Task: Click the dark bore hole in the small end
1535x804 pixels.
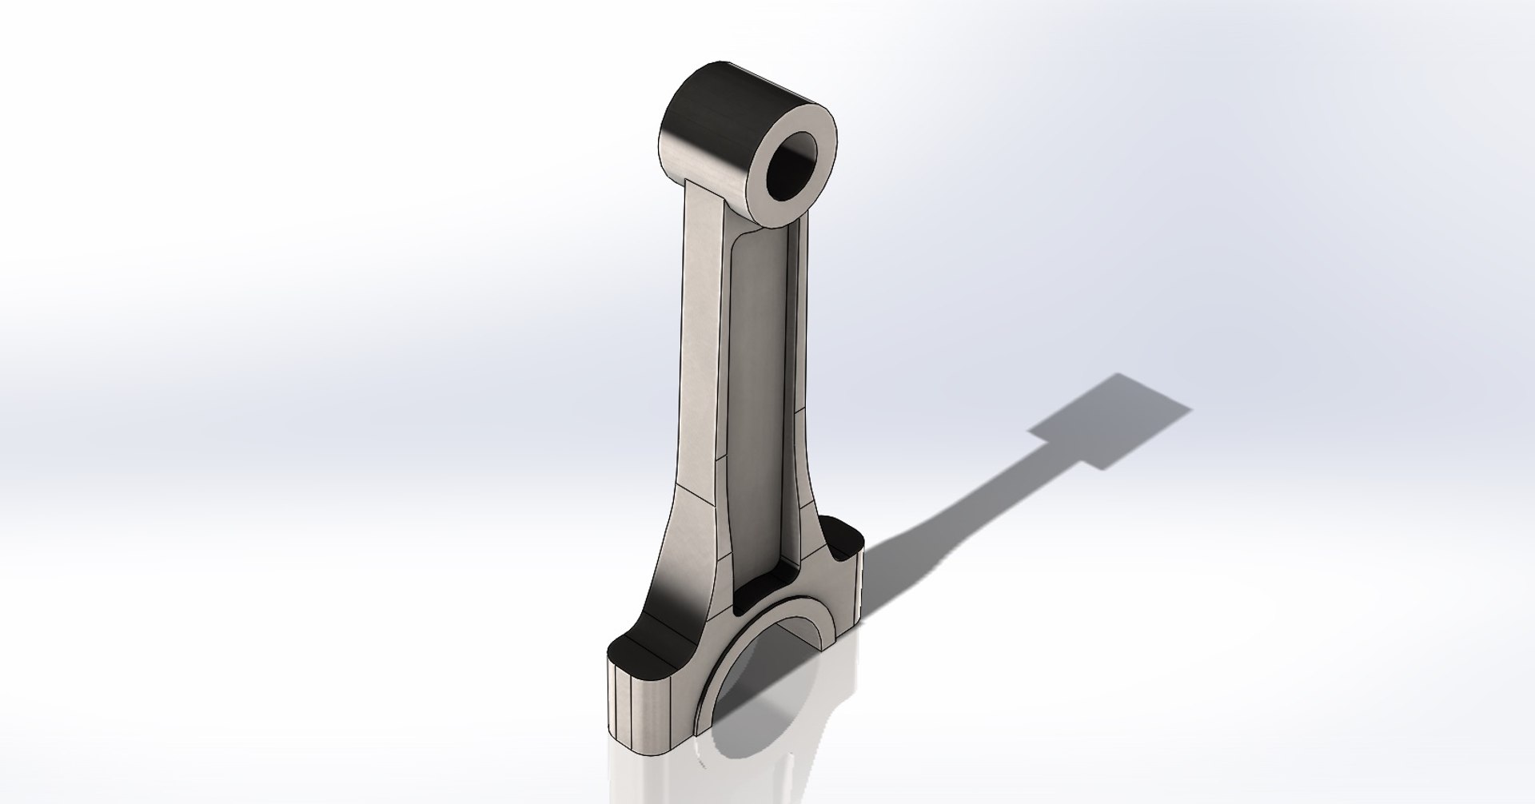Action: [791, 169]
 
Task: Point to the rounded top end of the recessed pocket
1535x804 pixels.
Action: [756, 240]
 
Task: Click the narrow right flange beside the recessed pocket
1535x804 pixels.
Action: [803, 384]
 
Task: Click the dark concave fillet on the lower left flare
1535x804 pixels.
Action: [676, 591]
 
